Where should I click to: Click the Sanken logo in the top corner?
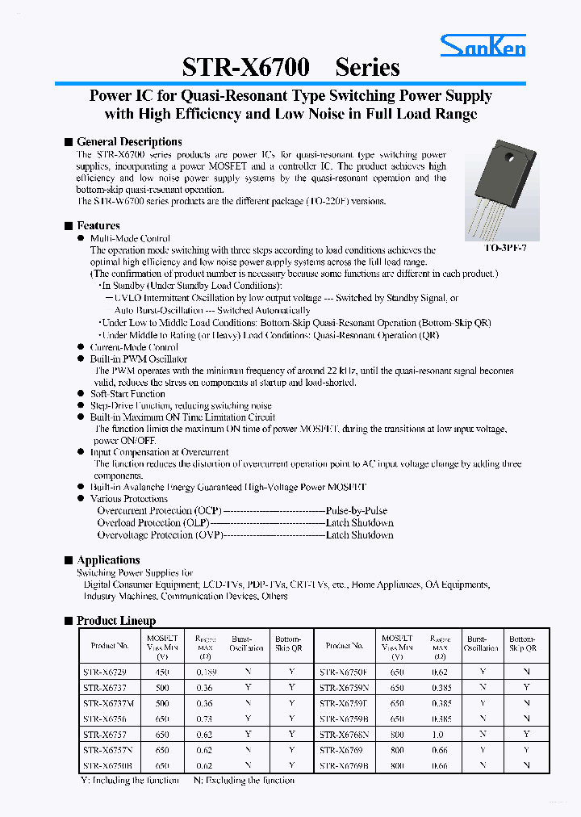point(483,47)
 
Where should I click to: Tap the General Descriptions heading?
point(129,141)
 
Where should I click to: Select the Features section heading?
point(98,226)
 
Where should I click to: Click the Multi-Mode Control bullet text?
point(130,238)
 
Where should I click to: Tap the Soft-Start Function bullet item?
point(127,394)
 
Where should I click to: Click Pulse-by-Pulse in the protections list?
point(356,511)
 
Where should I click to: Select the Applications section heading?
point(108,560)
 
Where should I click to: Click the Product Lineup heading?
point(116,621)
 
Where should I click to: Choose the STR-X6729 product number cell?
point(105,672)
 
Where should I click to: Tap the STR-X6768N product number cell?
point(343,734)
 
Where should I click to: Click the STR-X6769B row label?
point(343,765)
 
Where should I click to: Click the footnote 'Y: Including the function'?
point(129,780)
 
